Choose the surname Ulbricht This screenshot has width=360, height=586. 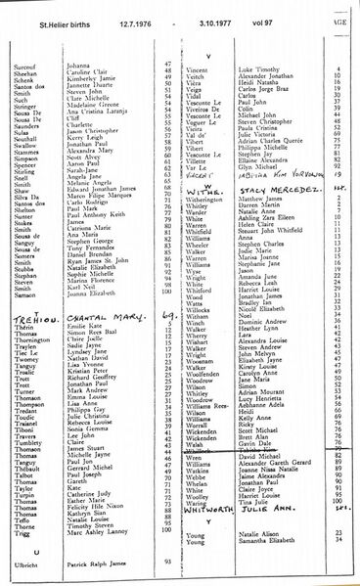click(x=22, y=563)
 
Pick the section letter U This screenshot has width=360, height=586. click(x=22, y=550)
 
